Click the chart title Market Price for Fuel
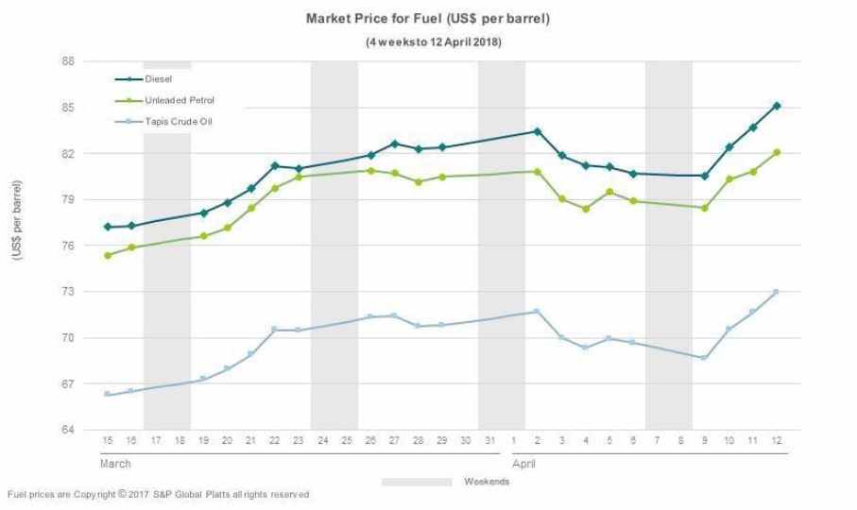pyautogui.click(x=428, y=19)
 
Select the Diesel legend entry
pyautogui.click(x=159, y=79)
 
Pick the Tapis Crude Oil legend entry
pyautogui.click(x=179, y=121)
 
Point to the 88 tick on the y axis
pyautogui.click(x=68, y=61)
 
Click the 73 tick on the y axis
pyautogui.click(x=68, y=292)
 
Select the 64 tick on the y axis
pyautogui.click(x=68, y=431)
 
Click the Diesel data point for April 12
pyautogui.click(x=777, y=106)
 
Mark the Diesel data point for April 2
pyautogui.click(x=538, y=131)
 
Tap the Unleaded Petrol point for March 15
pyautogui.click(x=108, y=255)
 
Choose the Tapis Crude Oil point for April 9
pyautogui.click(x=705, y=358)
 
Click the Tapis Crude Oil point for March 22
pyautogui.click(x=274, y=330)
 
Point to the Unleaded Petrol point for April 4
pyautogui.click(x=586, y=209)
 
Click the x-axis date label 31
pyautogui.click(x=489, y=441)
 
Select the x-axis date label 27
pyautogui.click(x=394, y=441)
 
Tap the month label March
pyautogui.click(x=115, y=464)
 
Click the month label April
pyautogui.click(x=523, y=464)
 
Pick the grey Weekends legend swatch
pyautogui.click(x=417, y=482)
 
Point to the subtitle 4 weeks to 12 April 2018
pyautogui.click(x=434, y=42)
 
